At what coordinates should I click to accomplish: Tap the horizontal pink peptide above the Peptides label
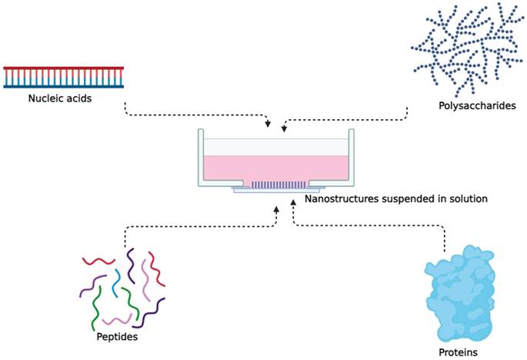(117, 319)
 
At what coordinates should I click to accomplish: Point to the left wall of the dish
(201, 158)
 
